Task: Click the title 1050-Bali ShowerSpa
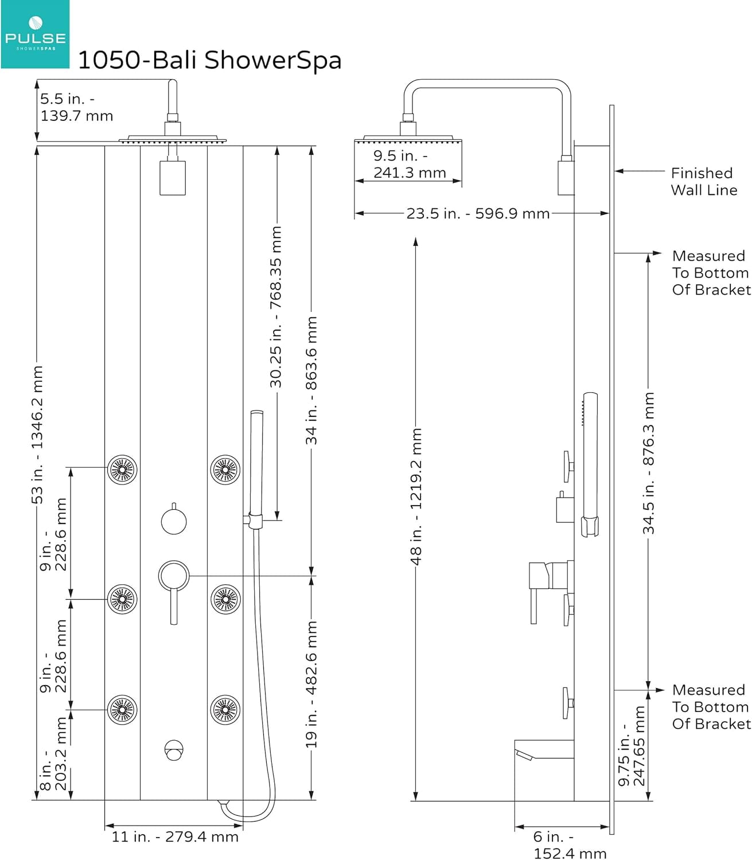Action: (x=209, y=60)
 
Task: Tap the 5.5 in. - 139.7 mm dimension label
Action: (x=76, y=107)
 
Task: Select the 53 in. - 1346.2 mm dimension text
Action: (x=37, y=435)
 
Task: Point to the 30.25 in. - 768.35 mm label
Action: (x=276, y=307)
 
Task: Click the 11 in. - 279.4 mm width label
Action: (x=175, y=836)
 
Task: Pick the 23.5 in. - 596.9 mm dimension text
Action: (x=478, y=213)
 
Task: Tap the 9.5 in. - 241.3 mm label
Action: (x=410, y=164)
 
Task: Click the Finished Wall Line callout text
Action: (x=704, y=181)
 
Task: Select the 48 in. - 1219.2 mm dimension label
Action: (x=415, y=497)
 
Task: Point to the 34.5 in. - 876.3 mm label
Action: (x=648, y=463)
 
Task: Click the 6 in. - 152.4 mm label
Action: (x=570, y=845)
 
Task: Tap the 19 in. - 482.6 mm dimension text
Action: (x=311, y=685)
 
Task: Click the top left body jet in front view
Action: (x=122, y=470)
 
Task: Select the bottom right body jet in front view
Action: (x=225, y=710)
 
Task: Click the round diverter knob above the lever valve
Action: (x=174, y=521)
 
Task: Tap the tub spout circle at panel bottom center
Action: (x=174, y=750)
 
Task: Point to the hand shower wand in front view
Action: (x=256, y=462)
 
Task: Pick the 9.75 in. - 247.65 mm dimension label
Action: (x=632, y=746)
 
